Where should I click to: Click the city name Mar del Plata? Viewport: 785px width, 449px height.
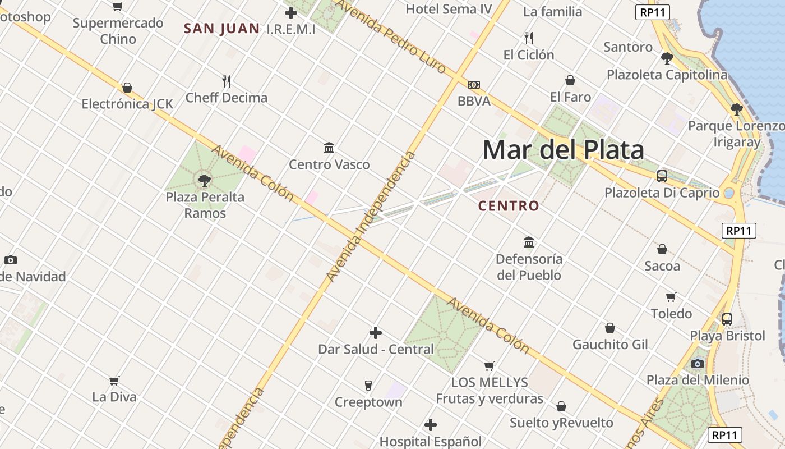pyautogui.click(x=563, y=150)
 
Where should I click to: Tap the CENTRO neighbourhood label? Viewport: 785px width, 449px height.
pyautogui.click(x=509, y=206)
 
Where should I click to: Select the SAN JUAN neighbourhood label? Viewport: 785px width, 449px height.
pyautogui.click(x=221, y=29)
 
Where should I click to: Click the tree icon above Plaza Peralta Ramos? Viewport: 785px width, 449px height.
pyautogui.click(x=205, y=180)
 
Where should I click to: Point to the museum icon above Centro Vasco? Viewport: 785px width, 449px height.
pyautogui.click(x=329, y=148)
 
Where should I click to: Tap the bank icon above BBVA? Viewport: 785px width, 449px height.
pyautogui.click(x=474, y=85)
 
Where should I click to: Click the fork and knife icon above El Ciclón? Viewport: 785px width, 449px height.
pyautogui.click(x=528, y=38)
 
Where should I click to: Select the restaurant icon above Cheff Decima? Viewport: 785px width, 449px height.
pyautogui.click(x=227, y=81)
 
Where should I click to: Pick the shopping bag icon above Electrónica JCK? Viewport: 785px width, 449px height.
pyautogui.click(x=127, y=88)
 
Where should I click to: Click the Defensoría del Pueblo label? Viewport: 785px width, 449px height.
pyautogui.click(x=529, y=267)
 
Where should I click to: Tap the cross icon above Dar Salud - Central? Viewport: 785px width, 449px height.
pyautogui.click(x=376, y=333)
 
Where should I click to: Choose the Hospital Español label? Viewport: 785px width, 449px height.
pyautogui.click(x=431, y=441)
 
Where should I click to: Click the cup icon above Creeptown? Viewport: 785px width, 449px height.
pyautogui.click(x=368, y=385)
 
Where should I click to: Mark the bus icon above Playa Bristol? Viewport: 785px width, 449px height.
pyautogui.click(x=727, y=319)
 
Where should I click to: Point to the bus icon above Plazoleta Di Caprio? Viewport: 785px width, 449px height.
pyautogui.click(x=662, y=176)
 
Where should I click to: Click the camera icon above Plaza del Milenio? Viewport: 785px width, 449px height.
pyautogui.click(x=698, y=364)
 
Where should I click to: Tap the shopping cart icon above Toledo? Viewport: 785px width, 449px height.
pyautogui.click(x=671, y=296)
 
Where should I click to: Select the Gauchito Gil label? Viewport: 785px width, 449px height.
pyautogui.click(x=610, y=344)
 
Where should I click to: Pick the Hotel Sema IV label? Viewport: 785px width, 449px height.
pyautogui.click(x=449, y=9)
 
